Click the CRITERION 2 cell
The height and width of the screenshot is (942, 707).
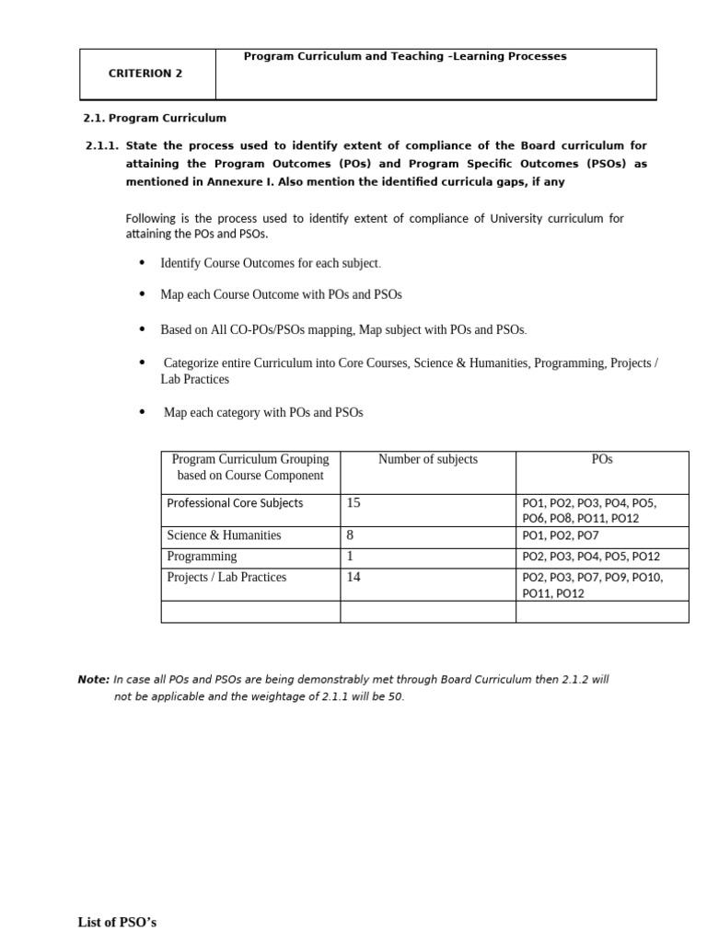[146, 74]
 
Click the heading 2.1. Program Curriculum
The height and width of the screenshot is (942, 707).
[156, 118]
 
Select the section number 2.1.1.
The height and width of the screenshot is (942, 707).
[101, 145]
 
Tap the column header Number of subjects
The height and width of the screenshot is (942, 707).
[428, 459]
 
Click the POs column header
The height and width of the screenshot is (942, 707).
[602, 459]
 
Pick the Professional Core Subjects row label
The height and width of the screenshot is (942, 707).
[235, 503]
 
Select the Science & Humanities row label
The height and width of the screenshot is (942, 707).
[224, 535]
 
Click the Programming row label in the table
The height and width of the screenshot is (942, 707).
[202, 557]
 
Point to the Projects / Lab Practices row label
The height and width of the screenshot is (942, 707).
[226, 578]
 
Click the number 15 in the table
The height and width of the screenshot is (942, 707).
[353, 503]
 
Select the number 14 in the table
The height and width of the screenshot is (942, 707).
[353, 578]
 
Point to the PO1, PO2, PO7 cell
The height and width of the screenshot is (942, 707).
[561, 535]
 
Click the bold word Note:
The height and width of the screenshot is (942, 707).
[94, 680]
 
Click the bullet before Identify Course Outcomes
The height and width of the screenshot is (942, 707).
[142, 263]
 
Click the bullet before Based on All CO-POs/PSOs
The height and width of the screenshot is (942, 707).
[142, 328]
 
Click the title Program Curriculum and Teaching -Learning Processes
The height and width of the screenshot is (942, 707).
[405, 57]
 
